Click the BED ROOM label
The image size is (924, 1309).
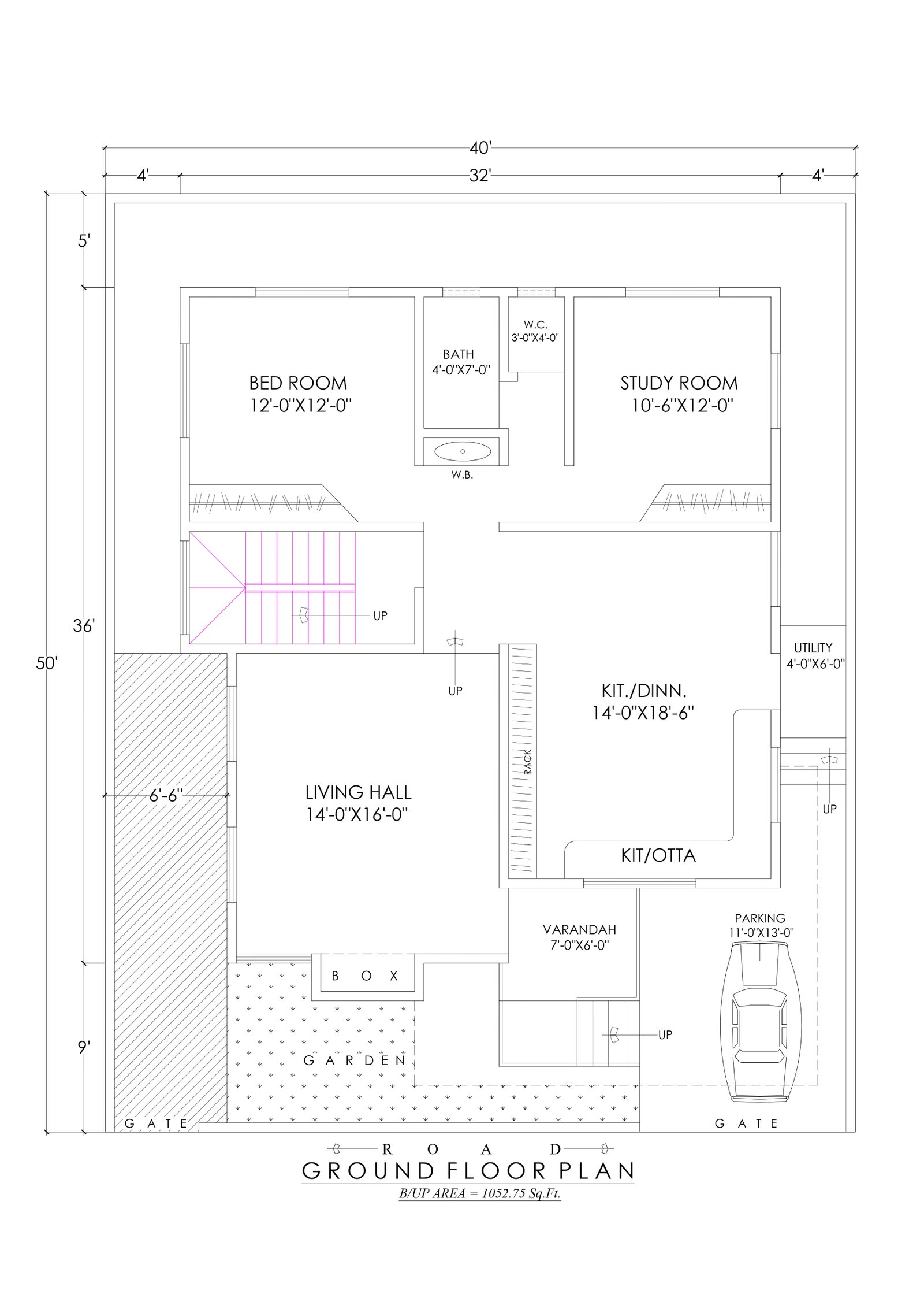[298, 383]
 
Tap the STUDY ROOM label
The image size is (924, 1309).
[679, 383]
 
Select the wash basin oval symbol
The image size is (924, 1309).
[463, 451]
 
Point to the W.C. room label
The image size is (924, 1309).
[535, 325]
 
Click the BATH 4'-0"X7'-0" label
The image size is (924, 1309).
[461, 362]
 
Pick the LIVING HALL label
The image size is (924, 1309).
[358, 792]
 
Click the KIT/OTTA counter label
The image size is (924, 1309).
[658, 855]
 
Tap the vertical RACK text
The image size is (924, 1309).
[527, 762]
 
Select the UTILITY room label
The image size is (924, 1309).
[813, 648]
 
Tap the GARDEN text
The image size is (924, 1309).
[355, 1060]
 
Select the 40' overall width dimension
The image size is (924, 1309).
[480, 149]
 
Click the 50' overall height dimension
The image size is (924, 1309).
[47, 663]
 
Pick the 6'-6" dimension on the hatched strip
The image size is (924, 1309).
[166, 796]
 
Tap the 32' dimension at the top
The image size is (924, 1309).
[480, 176]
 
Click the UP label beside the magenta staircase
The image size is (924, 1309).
[380, 616]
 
